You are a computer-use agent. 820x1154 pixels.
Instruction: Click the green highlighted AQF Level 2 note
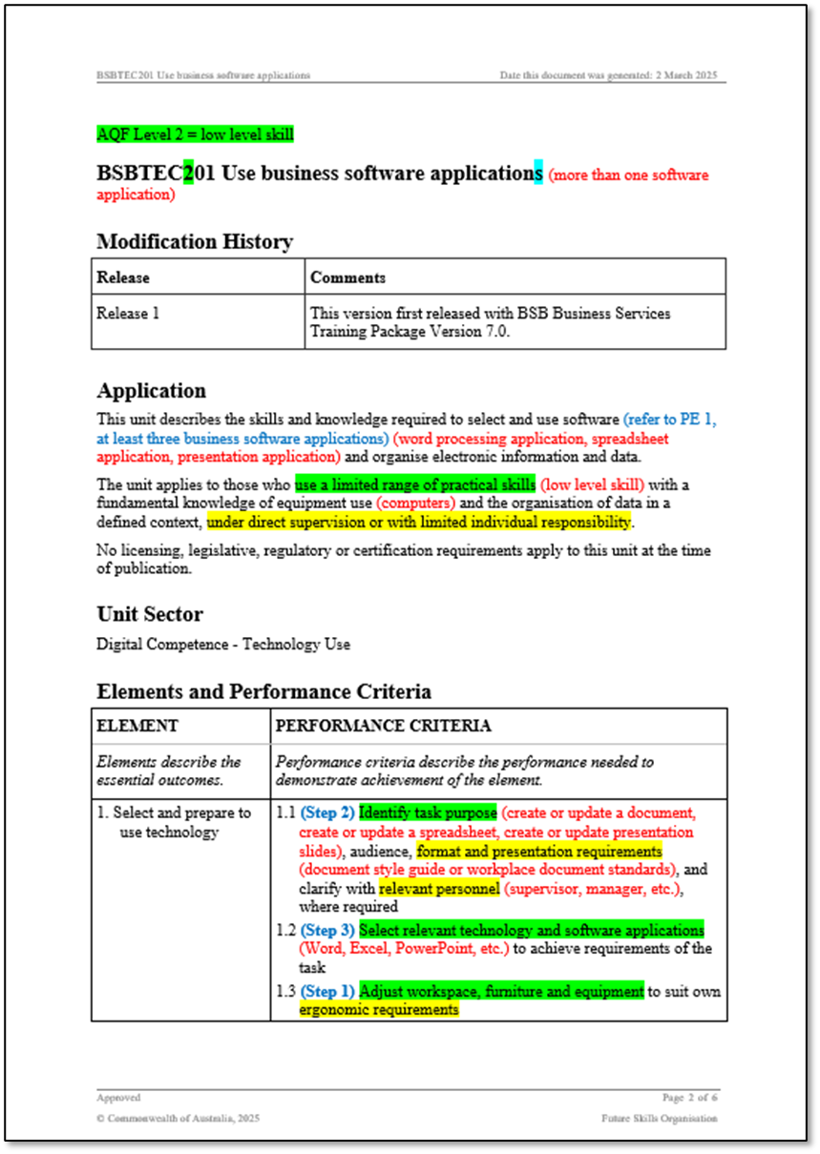195,134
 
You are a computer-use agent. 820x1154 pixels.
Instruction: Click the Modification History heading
195,241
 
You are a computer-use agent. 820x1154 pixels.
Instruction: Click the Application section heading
151,391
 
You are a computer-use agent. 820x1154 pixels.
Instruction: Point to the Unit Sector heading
149,613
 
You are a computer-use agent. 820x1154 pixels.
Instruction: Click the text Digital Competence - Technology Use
222,645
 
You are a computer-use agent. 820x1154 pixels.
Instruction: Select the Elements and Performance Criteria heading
263,691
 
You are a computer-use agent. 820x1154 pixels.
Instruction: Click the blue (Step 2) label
327,814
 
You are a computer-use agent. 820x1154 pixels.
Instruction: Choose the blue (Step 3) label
327,930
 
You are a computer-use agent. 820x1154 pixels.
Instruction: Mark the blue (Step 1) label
327,992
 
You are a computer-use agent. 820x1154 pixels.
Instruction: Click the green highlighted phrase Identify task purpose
428,814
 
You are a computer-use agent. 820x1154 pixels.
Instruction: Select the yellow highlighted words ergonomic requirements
378,1009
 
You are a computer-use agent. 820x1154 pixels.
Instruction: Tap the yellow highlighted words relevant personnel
438,889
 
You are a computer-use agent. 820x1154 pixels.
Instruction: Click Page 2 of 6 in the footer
689,1098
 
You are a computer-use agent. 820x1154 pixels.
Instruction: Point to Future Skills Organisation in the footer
659,1118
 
